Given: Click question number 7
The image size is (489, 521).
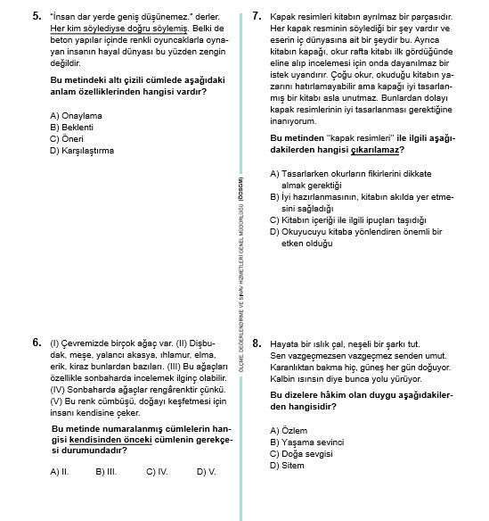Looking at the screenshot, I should click(257, 16).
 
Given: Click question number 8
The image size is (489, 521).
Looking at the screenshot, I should click(257, 343).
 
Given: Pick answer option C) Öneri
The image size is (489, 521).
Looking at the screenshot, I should click(68, 138).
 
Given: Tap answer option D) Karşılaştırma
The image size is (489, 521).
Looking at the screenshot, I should click(82, 150).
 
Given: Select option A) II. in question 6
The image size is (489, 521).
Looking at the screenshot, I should click(60, 471).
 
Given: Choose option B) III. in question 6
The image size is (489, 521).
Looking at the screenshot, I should click(106, 471).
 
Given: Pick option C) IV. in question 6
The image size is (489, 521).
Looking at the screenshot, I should click(157, 471).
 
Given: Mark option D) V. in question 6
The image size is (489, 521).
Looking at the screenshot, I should click(206, 471).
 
